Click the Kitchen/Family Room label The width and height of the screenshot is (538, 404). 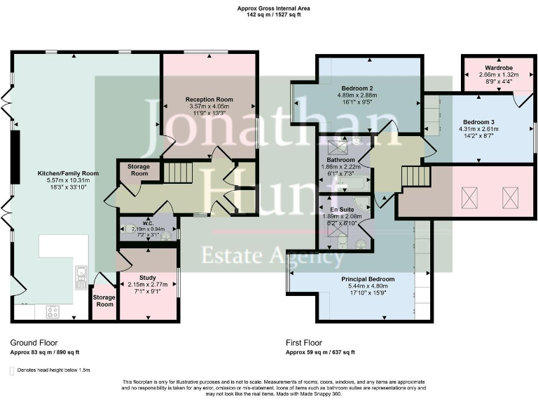tap(68, 173)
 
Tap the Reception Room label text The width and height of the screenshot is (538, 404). tap(209, 100)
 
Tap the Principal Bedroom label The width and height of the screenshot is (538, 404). tap(368, 279)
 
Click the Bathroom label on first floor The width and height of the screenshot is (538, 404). tap(340, 160)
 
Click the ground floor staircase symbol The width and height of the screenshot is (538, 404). tap(178, 172)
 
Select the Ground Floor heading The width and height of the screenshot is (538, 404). tap(34, 343)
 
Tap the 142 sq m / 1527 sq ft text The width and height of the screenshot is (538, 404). tap(269, 14)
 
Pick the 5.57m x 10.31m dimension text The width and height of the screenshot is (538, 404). tap(68, 180)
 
